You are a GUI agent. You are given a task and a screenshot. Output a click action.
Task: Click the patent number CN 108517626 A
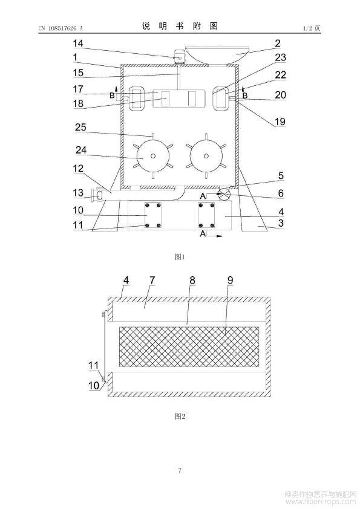pyautogui.click(x=61, y=28)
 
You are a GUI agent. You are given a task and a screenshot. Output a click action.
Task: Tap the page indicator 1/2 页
pyautogui.click(x=312, y=28)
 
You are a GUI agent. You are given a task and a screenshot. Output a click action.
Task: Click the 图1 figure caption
pyautogui.click(x=180, y=257)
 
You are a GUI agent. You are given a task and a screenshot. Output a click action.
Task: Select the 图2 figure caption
pyautogui.click(x=180, y=416)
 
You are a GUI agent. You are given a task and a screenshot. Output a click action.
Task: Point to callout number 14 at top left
pyautogui.click(x=77, y=44)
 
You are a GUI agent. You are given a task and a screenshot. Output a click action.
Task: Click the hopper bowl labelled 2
pyautogui.click(x=217, y=55)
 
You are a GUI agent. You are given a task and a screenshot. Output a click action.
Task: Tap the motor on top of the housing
pyautogui.click(x=178, y=57)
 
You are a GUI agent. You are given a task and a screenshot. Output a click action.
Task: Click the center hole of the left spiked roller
pyautogui.click(x=152, y=156)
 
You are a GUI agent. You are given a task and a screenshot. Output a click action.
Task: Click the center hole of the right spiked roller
pyautogui.click(x=206, y=156)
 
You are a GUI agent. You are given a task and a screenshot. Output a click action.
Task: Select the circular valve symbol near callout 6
pyautogui.click(x=224, y=194)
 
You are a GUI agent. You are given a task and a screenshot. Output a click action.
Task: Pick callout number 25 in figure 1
pyautogui.click(x=80, y=127)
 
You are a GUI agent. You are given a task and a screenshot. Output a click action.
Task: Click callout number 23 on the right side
pyautogui.click(x=280, y=57)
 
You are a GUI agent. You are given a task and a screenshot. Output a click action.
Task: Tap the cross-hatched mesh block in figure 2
pyautogui.click(x=189, y=347)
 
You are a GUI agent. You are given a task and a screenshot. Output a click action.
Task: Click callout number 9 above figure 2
pyautogui.click(x=230, y=280)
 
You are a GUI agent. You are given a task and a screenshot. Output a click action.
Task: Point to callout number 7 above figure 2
pyautogui.click(x=152, y=280)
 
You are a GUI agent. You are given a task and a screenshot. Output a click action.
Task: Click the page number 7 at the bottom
pyautogui.click(x=180, y=470)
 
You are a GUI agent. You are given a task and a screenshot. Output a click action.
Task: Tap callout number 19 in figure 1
pyautogui.click(x=280, y=122)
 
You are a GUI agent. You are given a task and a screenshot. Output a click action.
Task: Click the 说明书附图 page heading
pyautogui.click(x=180, y=26)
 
